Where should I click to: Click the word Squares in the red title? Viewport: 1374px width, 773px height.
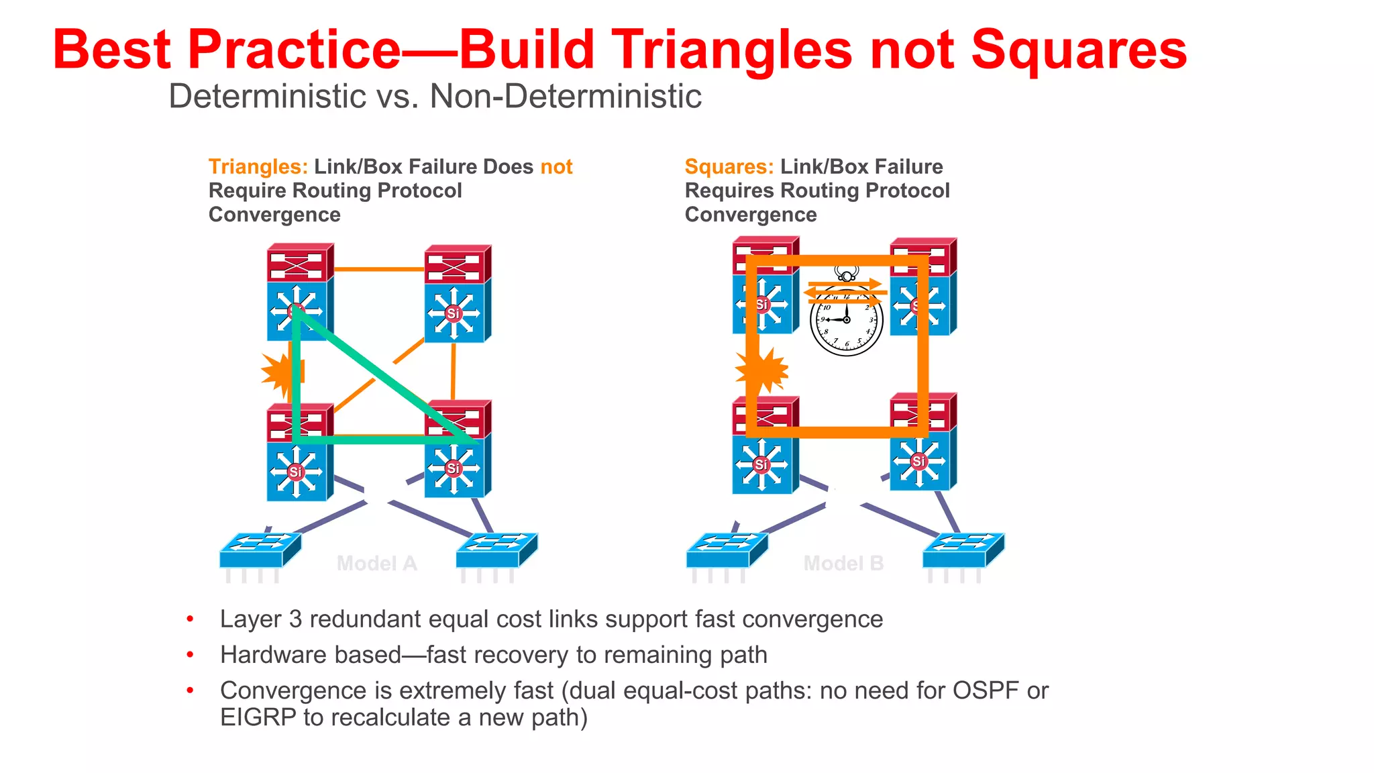(1078, 51)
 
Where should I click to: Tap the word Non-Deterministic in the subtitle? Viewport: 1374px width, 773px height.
(566, 96)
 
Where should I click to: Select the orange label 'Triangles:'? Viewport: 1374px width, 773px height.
(258, 166)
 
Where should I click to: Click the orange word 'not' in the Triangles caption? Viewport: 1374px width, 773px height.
(556, 166)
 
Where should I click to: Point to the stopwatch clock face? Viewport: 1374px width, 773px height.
(846, 319)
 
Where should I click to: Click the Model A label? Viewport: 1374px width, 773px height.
(376, 563)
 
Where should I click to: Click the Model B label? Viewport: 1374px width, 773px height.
(843, 563)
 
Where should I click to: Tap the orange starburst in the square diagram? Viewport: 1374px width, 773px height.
(762, 370)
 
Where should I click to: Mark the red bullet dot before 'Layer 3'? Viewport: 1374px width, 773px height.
(191, 619)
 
